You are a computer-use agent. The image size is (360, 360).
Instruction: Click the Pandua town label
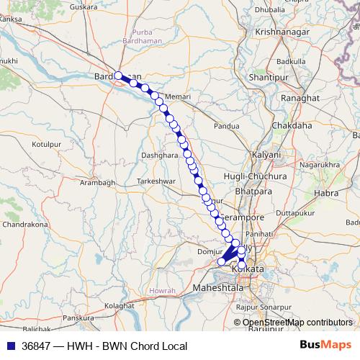227,126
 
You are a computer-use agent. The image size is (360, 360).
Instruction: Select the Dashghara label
159,155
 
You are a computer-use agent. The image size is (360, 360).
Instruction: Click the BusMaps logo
326,346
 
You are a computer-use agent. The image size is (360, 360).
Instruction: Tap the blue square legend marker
11,346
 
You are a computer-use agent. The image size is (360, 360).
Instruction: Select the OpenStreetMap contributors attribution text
297,323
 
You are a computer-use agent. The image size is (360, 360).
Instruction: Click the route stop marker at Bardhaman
119,75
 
